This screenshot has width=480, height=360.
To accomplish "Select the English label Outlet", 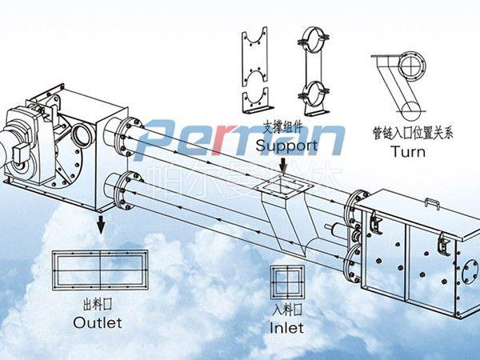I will [98, 322].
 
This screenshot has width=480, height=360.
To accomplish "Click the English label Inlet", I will [286, 327].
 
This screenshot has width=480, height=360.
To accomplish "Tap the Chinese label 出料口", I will [97, 305].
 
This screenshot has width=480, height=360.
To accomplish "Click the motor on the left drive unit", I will [20, 144].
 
